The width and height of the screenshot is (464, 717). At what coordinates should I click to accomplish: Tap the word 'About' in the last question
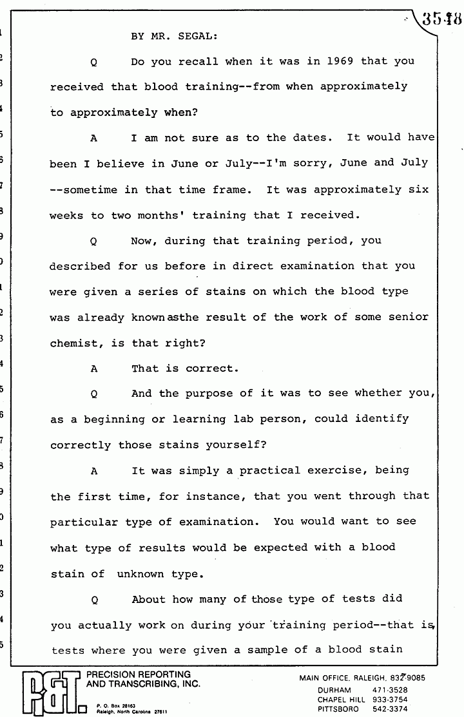(x=149, y=599)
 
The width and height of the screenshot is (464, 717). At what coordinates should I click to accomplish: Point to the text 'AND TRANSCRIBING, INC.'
(x=143, y=684)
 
